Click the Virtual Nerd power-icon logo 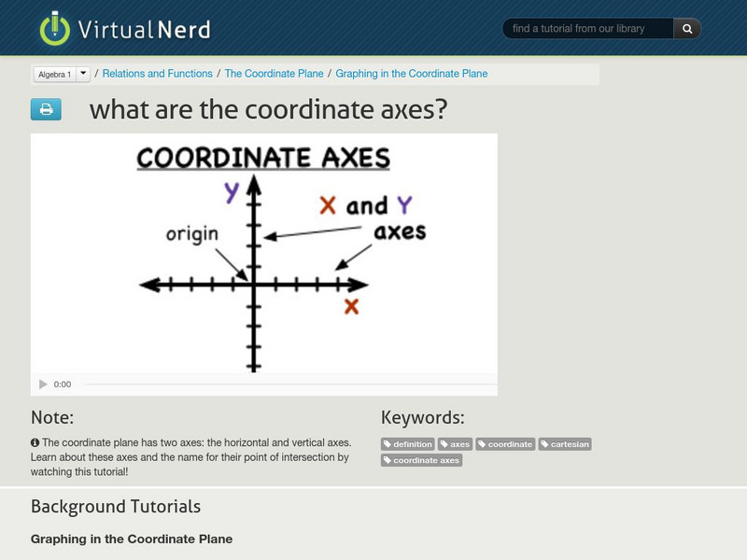54,28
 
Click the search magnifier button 687,29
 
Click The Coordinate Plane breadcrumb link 274,74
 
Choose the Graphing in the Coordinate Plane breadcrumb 411,74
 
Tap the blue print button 46,110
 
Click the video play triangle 43,384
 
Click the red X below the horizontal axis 352,306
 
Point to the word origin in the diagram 191,234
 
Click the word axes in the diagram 400,231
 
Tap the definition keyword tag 408,444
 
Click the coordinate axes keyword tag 421,460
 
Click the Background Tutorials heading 116,507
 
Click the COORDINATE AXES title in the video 263,158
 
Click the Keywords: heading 422,417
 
